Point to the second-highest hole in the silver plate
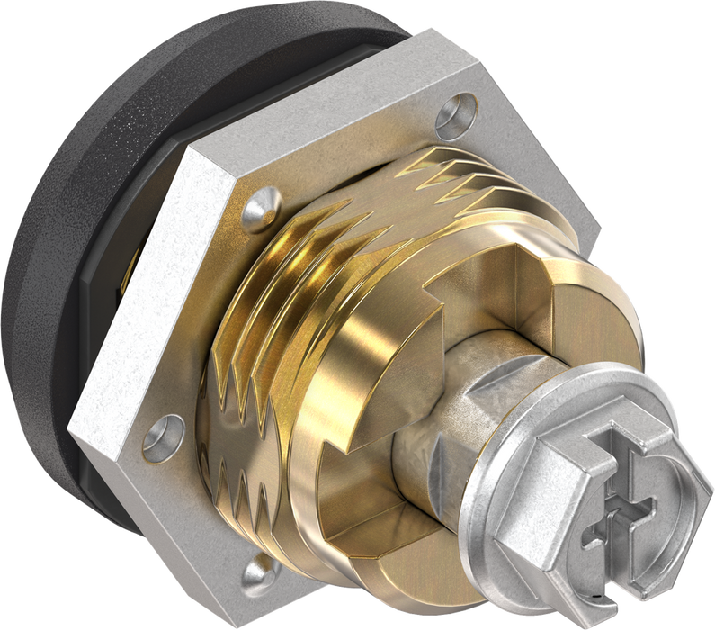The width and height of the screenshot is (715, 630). pyautogui.click(x=260, y=206)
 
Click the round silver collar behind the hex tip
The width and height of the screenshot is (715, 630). pyautogui.click(x=504, y=504)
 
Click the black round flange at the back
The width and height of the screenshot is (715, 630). pyautogui.click(x=54, y=270)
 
